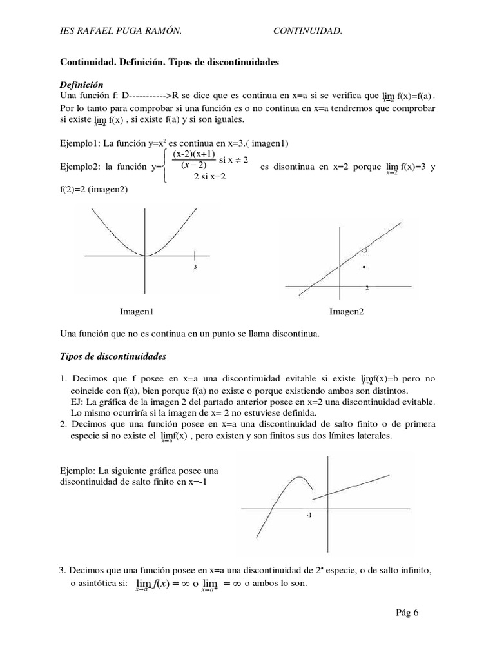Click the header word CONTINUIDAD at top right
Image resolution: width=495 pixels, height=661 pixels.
(307, 30)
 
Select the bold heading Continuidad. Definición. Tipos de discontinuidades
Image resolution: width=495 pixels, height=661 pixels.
(169, 63)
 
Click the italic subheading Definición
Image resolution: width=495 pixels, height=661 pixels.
(82, 85)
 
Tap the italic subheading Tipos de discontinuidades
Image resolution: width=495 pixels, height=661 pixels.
(113, 356)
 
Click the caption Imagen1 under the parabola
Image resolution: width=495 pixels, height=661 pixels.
(137, 312)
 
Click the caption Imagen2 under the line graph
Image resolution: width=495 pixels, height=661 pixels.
(347, 312)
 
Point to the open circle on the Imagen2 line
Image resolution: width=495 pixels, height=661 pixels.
(364, 250)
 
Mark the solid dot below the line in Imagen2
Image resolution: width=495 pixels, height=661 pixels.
(365, 266)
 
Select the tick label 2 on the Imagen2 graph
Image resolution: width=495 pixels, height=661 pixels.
(367, 287)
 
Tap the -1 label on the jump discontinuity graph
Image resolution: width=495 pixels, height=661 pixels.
(310, 516)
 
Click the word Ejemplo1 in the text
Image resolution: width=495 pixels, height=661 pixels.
(79, 143)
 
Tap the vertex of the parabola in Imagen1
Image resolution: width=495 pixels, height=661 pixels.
(147, 256)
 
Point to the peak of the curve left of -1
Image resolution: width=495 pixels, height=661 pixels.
(296, 478)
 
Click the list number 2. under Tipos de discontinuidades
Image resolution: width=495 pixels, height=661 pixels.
(63, 425)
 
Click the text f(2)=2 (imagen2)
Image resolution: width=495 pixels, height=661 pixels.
(94, 190)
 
